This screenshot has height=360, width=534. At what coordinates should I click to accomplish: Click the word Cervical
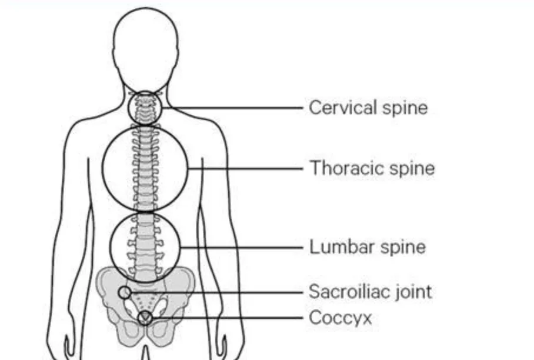(x=343, y=108)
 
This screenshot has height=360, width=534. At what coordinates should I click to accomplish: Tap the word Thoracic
(x=347, y=168)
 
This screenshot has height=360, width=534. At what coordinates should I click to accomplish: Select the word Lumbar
(x=342, y=246)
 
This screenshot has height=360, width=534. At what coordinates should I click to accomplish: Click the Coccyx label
(x=341, y=318)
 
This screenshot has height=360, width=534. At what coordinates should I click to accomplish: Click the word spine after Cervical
(x=405, y=108)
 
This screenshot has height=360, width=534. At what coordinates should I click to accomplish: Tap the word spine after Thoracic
(x=412, y=169)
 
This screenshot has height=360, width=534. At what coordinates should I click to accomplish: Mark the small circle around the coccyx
(x=138, y=318)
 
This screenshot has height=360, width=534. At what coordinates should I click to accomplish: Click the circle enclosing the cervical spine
(x=128, y=108)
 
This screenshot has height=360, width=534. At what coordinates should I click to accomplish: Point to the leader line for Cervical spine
(x=232, y=108)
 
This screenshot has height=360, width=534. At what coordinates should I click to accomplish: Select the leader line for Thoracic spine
(x=245, y=169)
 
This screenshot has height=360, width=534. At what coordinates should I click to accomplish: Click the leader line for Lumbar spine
(x=242, y=248)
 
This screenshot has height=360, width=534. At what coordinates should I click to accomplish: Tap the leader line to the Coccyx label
(x=228, y=318)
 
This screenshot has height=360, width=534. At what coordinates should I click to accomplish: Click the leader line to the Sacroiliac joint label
(x=217, y=292)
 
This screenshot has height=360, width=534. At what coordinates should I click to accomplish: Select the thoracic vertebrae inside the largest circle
(x=145, y=169)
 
